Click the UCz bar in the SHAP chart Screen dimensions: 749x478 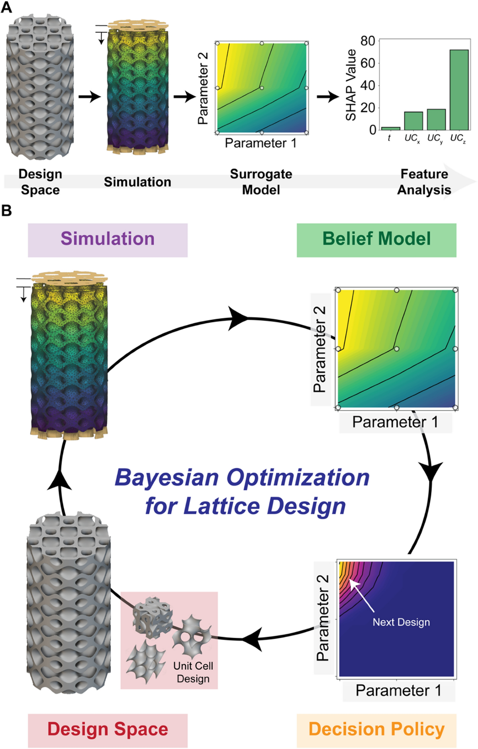click(459, 90)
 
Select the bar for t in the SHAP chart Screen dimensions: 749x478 click(390, 128)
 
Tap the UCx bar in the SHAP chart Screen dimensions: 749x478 click(413, 121)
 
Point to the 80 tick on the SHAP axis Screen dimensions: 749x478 click(368, 41)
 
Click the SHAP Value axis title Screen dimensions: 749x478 click(351, 85)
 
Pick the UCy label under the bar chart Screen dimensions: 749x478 click(435, 138)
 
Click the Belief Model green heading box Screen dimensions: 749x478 click(376, 240)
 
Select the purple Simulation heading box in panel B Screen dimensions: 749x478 click(108, 240)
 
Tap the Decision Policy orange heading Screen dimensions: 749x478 click(376, 730)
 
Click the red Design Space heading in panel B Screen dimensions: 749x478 click(108, 730)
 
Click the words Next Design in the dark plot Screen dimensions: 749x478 click(401, 622)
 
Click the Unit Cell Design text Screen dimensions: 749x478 click(193, 672)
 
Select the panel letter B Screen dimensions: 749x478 click(6, 210)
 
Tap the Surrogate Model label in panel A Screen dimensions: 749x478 click(261, 182)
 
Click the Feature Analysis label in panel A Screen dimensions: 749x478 click(424, 182)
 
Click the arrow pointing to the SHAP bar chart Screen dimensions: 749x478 click(328, 96)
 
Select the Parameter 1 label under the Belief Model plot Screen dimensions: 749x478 click(395, 422)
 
